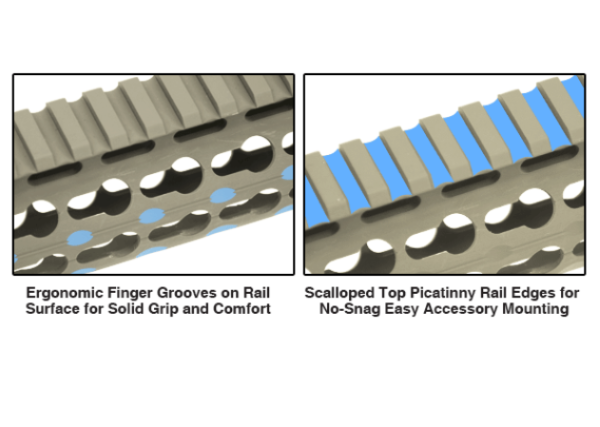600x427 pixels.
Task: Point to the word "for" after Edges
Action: (x=568, y=293)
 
